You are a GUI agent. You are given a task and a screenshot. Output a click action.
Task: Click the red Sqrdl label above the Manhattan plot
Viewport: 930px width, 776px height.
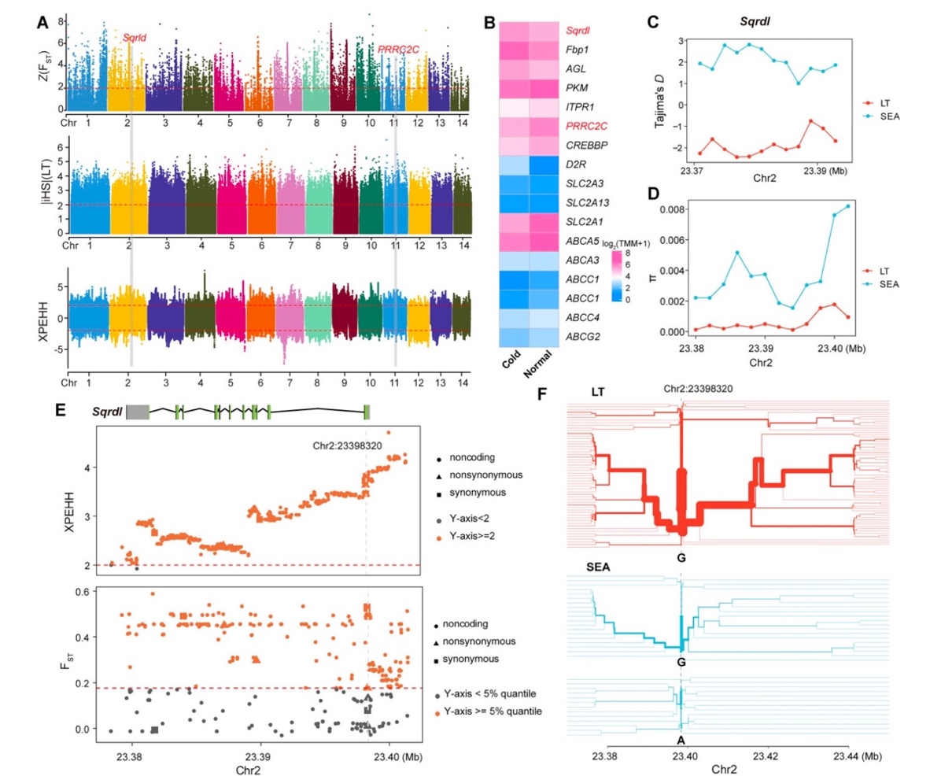pyautogui.click(x=134, y=37)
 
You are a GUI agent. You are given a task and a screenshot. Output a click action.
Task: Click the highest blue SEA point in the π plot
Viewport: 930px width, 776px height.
pyautogui.click(x=848, y=206)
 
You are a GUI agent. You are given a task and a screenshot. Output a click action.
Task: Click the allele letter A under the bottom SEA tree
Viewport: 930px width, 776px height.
pyautogui.click(x=681, y=740)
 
